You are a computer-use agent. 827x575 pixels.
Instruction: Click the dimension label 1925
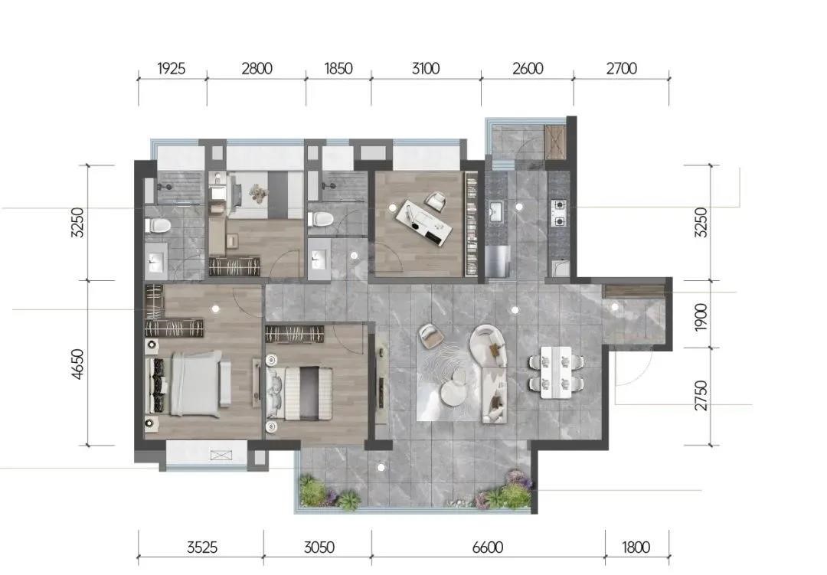pos(172,69)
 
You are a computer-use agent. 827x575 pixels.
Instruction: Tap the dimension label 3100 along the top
pos(426,69)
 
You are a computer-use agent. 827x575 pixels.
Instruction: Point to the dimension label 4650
pos(77,364)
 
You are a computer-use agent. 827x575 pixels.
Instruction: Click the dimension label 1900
pos(701,317)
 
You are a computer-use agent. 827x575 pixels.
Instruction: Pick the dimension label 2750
pos(701,396)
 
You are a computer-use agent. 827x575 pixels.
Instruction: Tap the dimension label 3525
pos(202,547)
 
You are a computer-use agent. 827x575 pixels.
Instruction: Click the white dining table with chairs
pos(557,372)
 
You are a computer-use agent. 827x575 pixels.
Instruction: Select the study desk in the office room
pos(424,221)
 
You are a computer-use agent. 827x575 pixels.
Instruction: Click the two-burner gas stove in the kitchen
pos(559,213)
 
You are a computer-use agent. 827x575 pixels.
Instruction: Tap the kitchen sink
pos(495,212)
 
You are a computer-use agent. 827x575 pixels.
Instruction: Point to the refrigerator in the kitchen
pos(498,260)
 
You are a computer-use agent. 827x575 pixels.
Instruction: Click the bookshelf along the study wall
pos(472,224)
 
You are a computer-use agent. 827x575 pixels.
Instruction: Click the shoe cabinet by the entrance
pos(635,291)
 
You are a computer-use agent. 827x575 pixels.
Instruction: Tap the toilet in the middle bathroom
pos(319,219)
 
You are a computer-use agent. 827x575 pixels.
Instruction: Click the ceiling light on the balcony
pos(381,467)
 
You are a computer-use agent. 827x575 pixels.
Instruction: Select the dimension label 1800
pos(636,547)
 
